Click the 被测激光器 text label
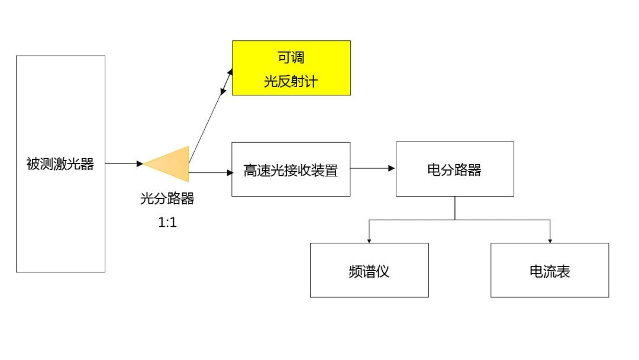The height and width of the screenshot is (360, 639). coord(60,164)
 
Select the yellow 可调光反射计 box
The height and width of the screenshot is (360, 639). coord(291,67)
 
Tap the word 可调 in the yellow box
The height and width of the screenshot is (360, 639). coord(291,58)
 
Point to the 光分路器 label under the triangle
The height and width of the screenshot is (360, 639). coord(167,199)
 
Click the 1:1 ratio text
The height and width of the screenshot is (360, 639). coord(167,223)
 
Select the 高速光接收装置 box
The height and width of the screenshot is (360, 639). coord(291,170)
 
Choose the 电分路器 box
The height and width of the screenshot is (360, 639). coord(454,169)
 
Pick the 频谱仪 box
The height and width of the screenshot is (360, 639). coord(369,270)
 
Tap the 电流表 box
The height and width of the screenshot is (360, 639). coord(550,270)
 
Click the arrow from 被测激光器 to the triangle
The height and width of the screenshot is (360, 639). coord(123,163)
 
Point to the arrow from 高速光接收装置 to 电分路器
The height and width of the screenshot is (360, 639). coord(372,168)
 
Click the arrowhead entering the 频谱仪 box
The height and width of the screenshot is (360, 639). coord(369,240)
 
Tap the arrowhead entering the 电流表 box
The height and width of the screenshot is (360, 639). coord(550,240)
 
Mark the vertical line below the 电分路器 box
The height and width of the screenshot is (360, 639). coord(455,208)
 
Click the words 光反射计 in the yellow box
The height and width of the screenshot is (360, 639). coord(291,81)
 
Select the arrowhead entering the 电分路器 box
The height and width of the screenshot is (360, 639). coord(392,168)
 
